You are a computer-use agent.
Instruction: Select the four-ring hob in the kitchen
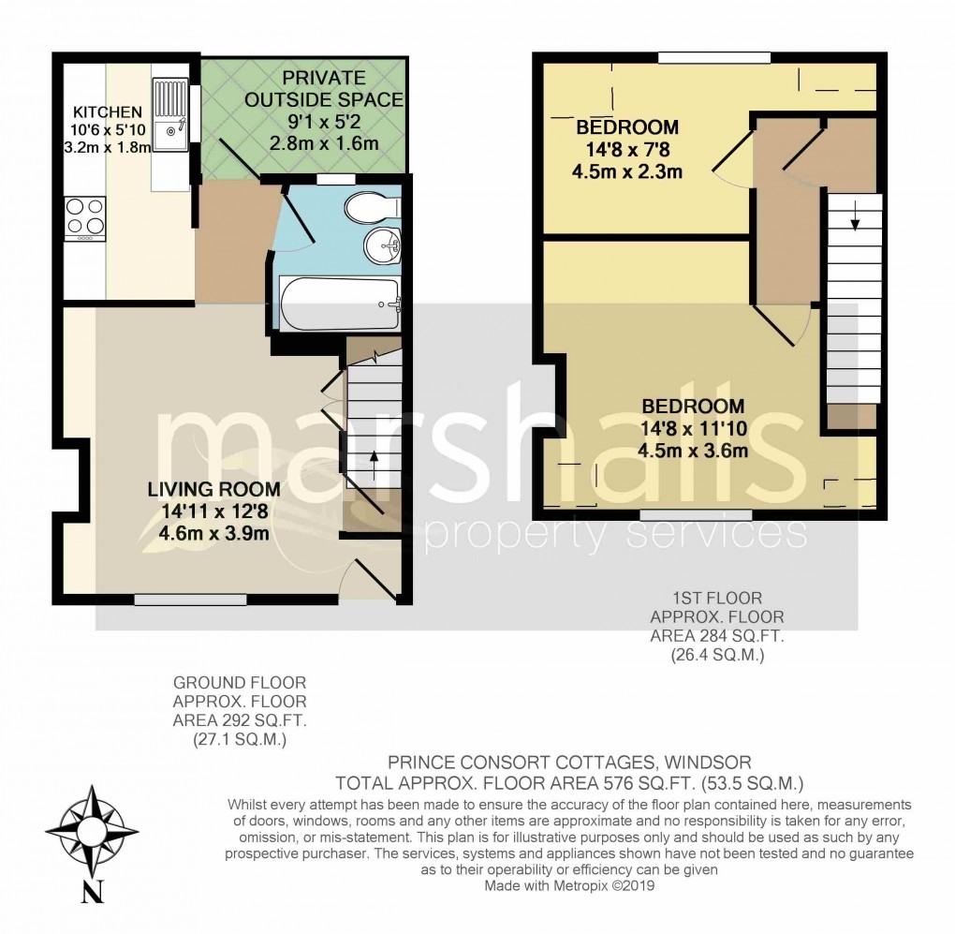coord(84,217)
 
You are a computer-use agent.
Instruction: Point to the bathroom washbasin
coord(381,246)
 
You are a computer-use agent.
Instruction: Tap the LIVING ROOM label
coord(213,489)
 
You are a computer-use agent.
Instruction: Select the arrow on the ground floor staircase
coord(374,457)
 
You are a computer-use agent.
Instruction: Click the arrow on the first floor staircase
coord(854,223)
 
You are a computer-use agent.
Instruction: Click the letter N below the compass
coord(92,893)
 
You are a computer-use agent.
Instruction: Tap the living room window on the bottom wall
coord(190,600)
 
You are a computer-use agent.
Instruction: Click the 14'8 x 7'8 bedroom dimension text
coord(627,150)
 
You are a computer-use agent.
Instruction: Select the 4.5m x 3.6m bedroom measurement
coord(693,451)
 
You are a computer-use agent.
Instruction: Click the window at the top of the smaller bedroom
coord(713,58)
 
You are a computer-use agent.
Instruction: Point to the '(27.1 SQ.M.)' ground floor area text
coord(240,740)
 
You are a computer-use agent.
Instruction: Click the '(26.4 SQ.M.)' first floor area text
coord(718,657)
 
